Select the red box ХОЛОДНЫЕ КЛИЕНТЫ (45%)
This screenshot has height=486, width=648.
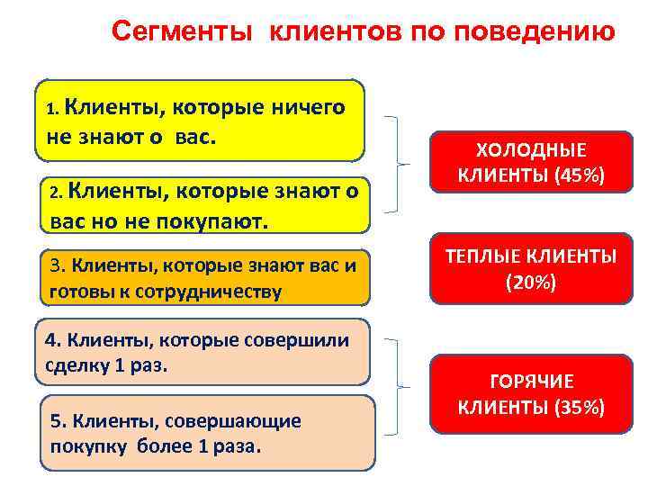click(x=531, y=163)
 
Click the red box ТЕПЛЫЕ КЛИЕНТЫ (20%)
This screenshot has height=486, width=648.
click(x=531, y=270)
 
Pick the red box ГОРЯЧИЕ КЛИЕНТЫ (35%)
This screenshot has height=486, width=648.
click(x=531, y=394)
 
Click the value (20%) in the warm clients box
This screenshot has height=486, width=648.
click(x=531, y=283)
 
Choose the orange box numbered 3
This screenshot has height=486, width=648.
click(x=202, y=278)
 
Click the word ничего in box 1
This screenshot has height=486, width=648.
click(x=308, y=109)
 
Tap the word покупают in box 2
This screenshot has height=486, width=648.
click(x=218, y=221)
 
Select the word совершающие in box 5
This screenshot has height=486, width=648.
click(x=244, y=421)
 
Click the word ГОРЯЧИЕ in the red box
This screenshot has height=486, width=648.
click(x=531, y=382)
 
